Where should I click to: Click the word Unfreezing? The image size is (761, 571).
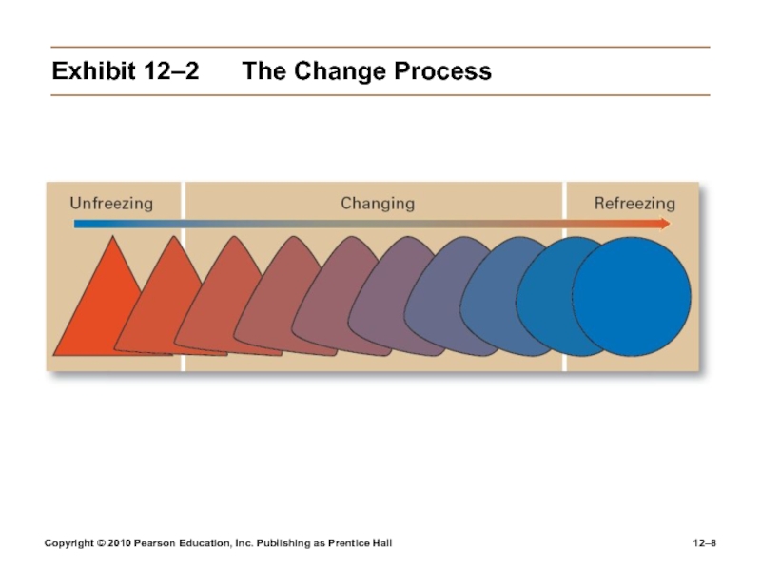[111, 203]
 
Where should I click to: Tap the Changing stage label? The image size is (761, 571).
[378, 203]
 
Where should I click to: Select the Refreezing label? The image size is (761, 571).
[634, 203]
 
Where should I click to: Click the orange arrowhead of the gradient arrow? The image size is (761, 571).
[664, 225]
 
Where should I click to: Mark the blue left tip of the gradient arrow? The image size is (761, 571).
[77, 225]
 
